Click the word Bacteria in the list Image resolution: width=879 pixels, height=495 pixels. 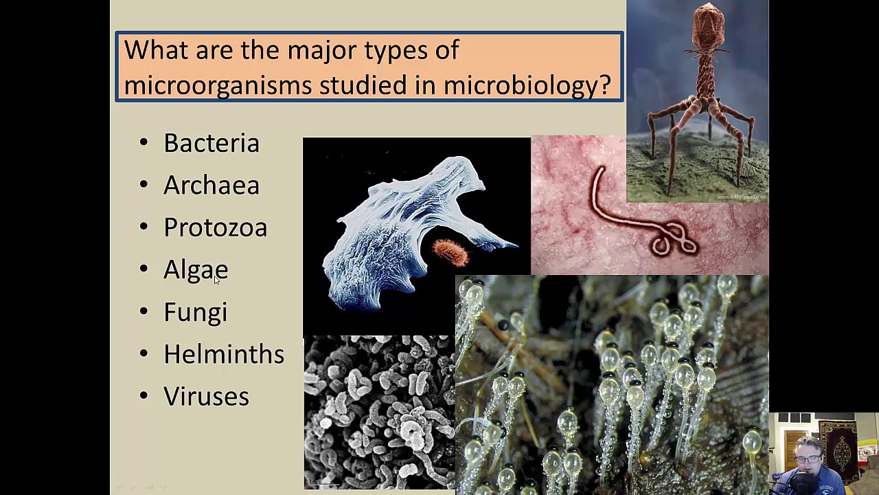tap(212, 143)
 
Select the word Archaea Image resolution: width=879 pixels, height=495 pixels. tap(212, 186)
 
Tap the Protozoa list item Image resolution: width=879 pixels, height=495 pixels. tap(215, 228)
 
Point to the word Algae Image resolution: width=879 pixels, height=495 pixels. tap(195, 269)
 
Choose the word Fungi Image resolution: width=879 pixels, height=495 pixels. tap(195, 312)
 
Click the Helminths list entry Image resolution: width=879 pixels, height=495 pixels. tap(224, 354)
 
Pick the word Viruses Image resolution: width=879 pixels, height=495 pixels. tap(206, 397)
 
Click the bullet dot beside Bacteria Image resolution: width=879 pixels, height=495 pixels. tap(144, 143)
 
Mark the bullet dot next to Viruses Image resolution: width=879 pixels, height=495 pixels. tap(144, 396)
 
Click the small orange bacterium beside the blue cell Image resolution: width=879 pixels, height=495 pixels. tap(450, 252)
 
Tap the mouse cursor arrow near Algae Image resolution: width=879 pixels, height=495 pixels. tap(216, 279)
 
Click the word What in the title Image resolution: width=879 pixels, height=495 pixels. tap(155, 50)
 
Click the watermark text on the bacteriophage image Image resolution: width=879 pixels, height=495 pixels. tap(741, 197)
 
